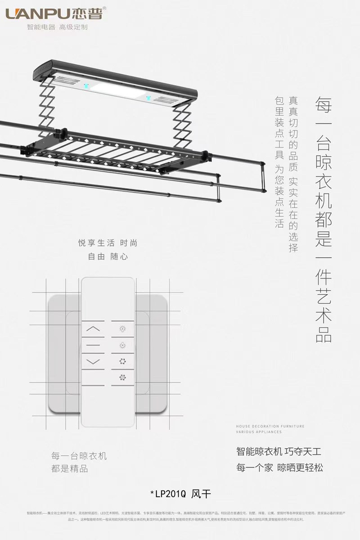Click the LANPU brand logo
pyautogui.click(x=54, y=13)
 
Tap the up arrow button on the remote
pyautogui.click(x=93, y=328)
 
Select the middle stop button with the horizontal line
pyautogui.click(x=93, y=345)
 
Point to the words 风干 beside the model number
pyautogui.click(x=201, y=494)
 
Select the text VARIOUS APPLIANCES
pyautogui.click(x=259, y=432)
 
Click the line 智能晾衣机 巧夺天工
pyautogui.click(x=279, y=451)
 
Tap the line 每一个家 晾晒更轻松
pyautogui.click(x=279, y=468)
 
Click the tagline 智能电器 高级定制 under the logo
pyautogui.click(x=57, y=27)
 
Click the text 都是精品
pyautogui.click(x=70, y=469)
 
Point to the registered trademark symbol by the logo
pyautogui.click(x=105, y=8)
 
